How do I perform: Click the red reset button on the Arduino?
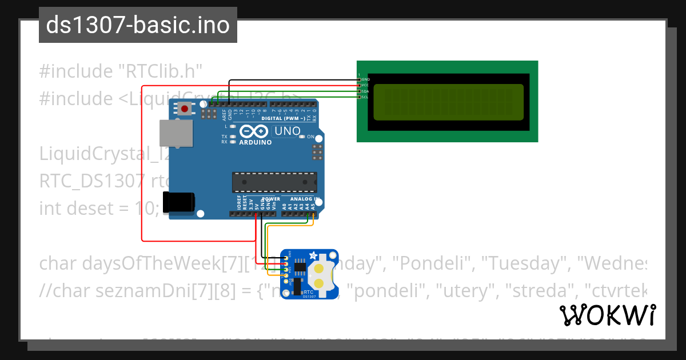point(185,109)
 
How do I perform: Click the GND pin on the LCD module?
point(360,79)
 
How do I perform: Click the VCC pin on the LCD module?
point(360,85)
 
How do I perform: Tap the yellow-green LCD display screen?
point(448,102)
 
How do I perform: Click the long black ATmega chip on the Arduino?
point(274,182)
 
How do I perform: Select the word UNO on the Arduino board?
point(288,131)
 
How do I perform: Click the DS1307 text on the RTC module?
point(309,297)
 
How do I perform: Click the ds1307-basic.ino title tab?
point(138,25)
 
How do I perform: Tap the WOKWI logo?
point(608,315)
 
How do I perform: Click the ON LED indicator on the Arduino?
point(303,137)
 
